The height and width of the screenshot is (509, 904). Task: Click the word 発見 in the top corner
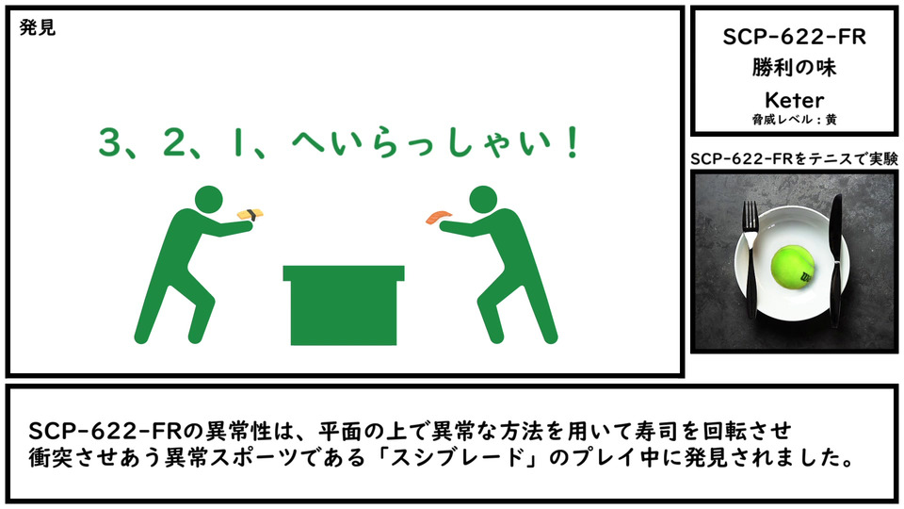(x=38, y=27)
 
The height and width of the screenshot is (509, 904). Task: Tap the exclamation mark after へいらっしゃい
(x=573, y=142)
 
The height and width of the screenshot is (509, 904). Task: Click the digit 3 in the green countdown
(x=109, y=142)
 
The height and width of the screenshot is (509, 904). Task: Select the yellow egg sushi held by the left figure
(x=250, y=214)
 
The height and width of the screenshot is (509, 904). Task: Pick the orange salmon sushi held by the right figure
(x=439, y=217)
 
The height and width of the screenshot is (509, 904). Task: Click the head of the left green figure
(x=208, y=200)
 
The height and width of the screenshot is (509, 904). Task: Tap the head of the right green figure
(x=483, y=200)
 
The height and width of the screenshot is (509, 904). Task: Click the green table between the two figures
(x=344, y=305)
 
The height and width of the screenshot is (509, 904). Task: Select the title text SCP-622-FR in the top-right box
(x=794, y=37)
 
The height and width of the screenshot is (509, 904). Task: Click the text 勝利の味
(x=794, y=68)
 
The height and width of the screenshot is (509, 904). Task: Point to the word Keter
(x=794, y=100)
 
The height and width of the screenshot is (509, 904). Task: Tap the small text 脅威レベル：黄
(x=794, y=120)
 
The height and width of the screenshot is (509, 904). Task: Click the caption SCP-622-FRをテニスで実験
(x=794, y=158)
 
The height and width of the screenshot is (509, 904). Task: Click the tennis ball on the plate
(x=793, y=267)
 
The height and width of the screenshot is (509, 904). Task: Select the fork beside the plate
(x=751, y=260)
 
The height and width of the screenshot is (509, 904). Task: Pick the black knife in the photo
(x=835, y=261)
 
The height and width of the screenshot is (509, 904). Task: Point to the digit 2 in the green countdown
(x=173, y=142)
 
